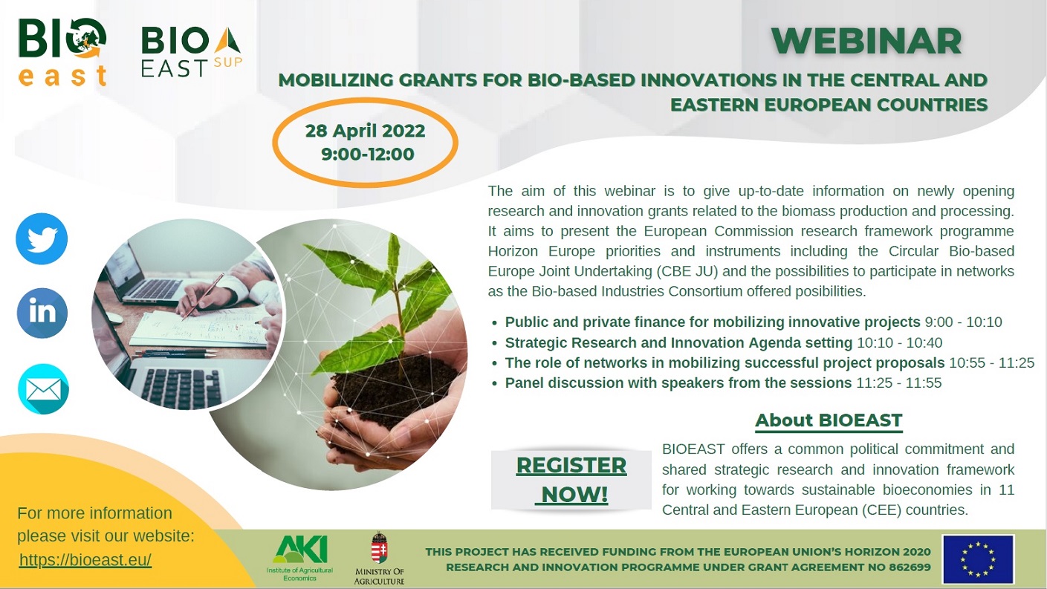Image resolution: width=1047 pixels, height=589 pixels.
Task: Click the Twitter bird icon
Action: coord(42,238)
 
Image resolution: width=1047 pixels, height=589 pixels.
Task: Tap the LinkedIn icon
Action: coord(42,313)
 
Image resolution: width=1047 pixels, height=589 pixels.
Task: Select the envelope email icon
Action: coord(43,389)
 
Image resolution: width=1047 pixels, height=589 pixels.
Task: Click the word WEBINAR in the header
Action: coord(866,42)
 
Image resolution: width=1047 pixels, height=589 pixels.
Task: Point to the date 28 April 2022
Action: coord(365,131)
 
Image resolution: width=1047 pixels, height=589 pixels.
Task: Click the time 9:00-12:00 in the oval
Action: coord(367,154)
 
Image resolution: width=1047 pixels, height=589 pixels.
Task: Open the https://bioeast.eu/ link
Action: coord(85,559)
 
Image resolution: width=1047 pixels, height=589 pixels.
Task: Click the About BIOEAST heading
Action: coord(829,420)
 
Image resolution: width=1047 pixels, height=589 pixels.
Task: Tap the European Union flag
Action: coord(978,559)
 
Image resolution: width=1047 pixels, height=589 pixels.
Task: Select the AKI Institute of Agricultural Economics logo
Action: coord(300,558)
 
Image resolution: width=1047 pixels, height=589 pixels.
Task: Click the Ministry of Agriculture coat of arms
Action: coord(379,548)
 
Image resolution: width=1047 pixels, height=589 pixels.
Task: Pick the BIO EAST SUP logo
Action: coord(192,52)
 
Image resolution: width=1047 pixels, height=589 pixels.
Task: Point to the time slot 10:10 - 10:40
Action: coord(899,343)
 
